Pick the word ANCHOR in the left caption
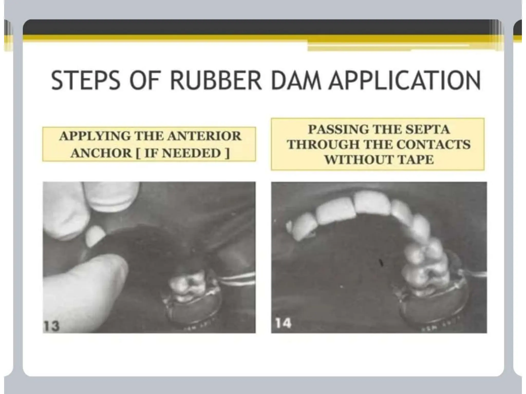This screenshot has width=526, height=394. point(101,153)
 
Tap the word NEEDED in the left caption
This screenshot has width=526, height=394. point(191,153)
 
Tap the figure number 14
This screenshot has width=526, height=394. point(283,323)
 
